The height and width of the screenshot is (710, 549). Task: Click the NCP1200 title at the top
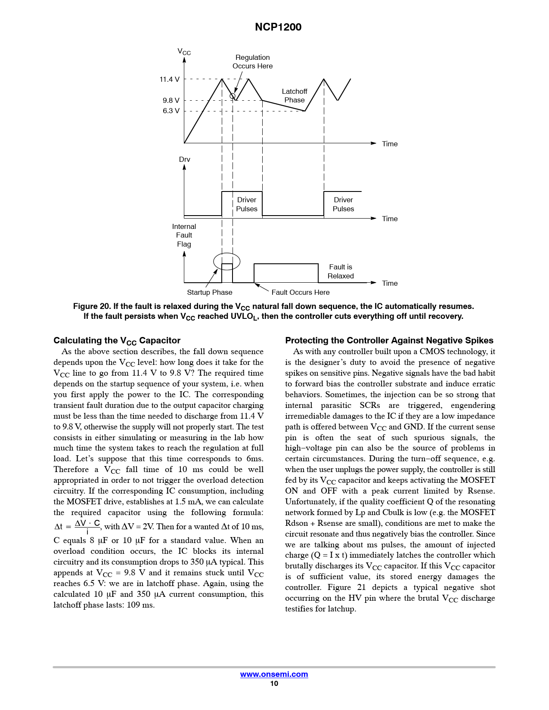[278, 27]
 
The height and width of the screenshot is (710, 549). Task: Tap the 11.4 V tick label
[169, 80]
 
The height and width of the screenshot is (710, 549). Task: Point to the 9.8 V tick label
[171, 100]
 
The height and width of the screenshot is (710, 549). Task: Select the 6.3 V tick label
[171, 111]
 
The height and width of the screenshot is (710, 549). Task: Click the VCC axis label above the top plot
[184, 52]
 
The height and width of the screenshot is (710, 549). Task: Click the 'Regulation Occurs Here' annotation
[252, 62]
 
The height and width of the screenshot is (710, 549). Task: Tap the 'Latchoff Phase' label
[294, 96]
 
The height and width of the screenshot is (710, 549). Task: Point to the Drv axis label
[184, 160]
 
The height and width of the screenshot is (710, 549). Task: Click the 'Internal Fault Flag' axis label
[184, 235]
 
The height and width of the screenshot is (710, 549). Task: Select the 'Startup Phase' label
[210, 293]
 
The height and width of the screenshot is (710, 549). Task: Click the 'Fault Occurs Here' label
[301, 293]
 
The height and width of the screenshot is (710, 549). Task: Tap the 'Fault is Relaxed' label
[341, 272]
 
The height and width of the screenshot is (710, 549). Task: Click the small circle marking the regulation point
[233, 96]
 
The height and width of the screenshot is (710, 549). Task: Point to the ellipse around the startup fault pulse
[214, 261]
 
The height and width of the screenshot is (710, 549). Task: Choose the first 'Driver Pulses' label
[247, 204]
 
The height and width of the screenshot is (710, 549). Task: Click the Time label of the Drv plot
[390, 219]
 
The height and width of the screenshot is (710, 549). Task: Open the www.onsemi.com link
[274, 674]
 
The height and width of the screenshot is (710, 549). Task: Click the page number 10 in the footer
[274, 683]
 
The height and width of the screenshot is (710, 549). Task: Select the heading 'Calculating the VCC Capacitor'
[117, 341]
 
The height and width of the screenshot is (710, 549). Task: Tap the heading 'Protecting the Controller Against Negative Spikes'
[389, 340]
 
